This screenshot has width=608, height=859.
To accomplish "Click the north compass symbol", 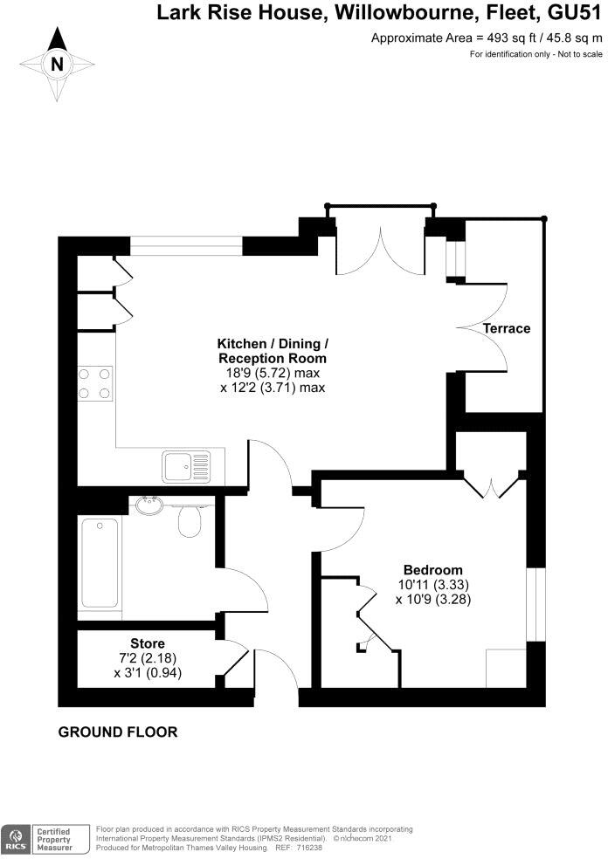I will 57,62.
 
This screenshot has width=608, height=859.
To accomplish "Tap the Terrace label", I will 508,328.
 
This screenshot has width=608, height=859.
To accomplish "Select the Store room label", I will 148,643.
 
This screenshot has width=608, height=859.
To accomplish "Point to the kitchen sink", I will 186,465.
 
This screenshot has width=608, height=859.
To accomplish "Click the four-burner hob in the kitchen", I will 95,383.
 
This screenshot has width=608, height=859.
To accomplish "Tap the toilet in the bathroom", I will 190,522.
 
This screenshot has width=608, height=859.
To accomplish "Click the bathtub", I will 100,563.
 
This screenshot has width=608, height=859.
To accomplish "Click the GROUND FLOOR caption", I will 117,732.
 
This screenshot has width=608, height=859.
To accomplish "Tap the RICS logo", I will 15,838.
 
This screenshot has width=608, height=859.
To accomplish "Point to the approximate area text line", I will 487,38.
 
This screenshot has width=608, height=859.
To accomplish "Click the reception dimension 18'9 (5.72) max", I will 272,373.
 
